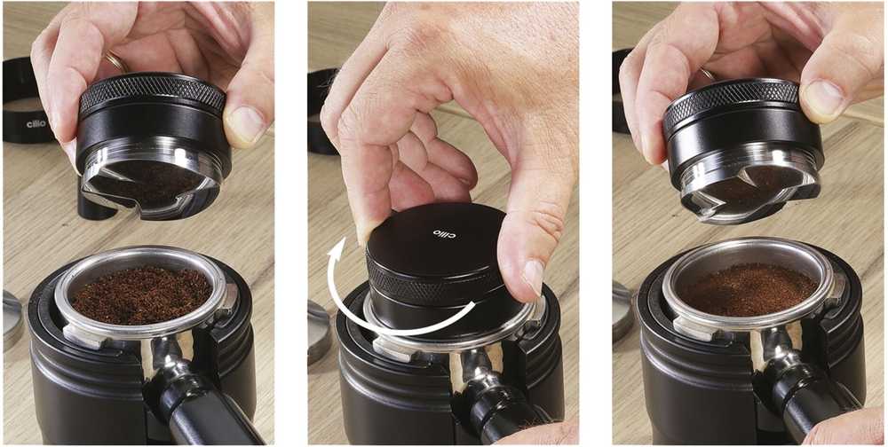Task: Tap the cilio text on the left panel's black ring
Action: click(x=36, y=123)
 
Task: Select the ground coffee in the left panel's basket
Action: click(x=140, y=294)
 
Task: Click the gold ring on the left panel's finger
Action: click(x=115, y=61)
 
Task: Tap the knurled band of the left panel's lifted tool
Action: click(x=152, y=93)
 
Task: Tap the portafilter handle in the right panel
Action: click(x=805, y=396)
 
